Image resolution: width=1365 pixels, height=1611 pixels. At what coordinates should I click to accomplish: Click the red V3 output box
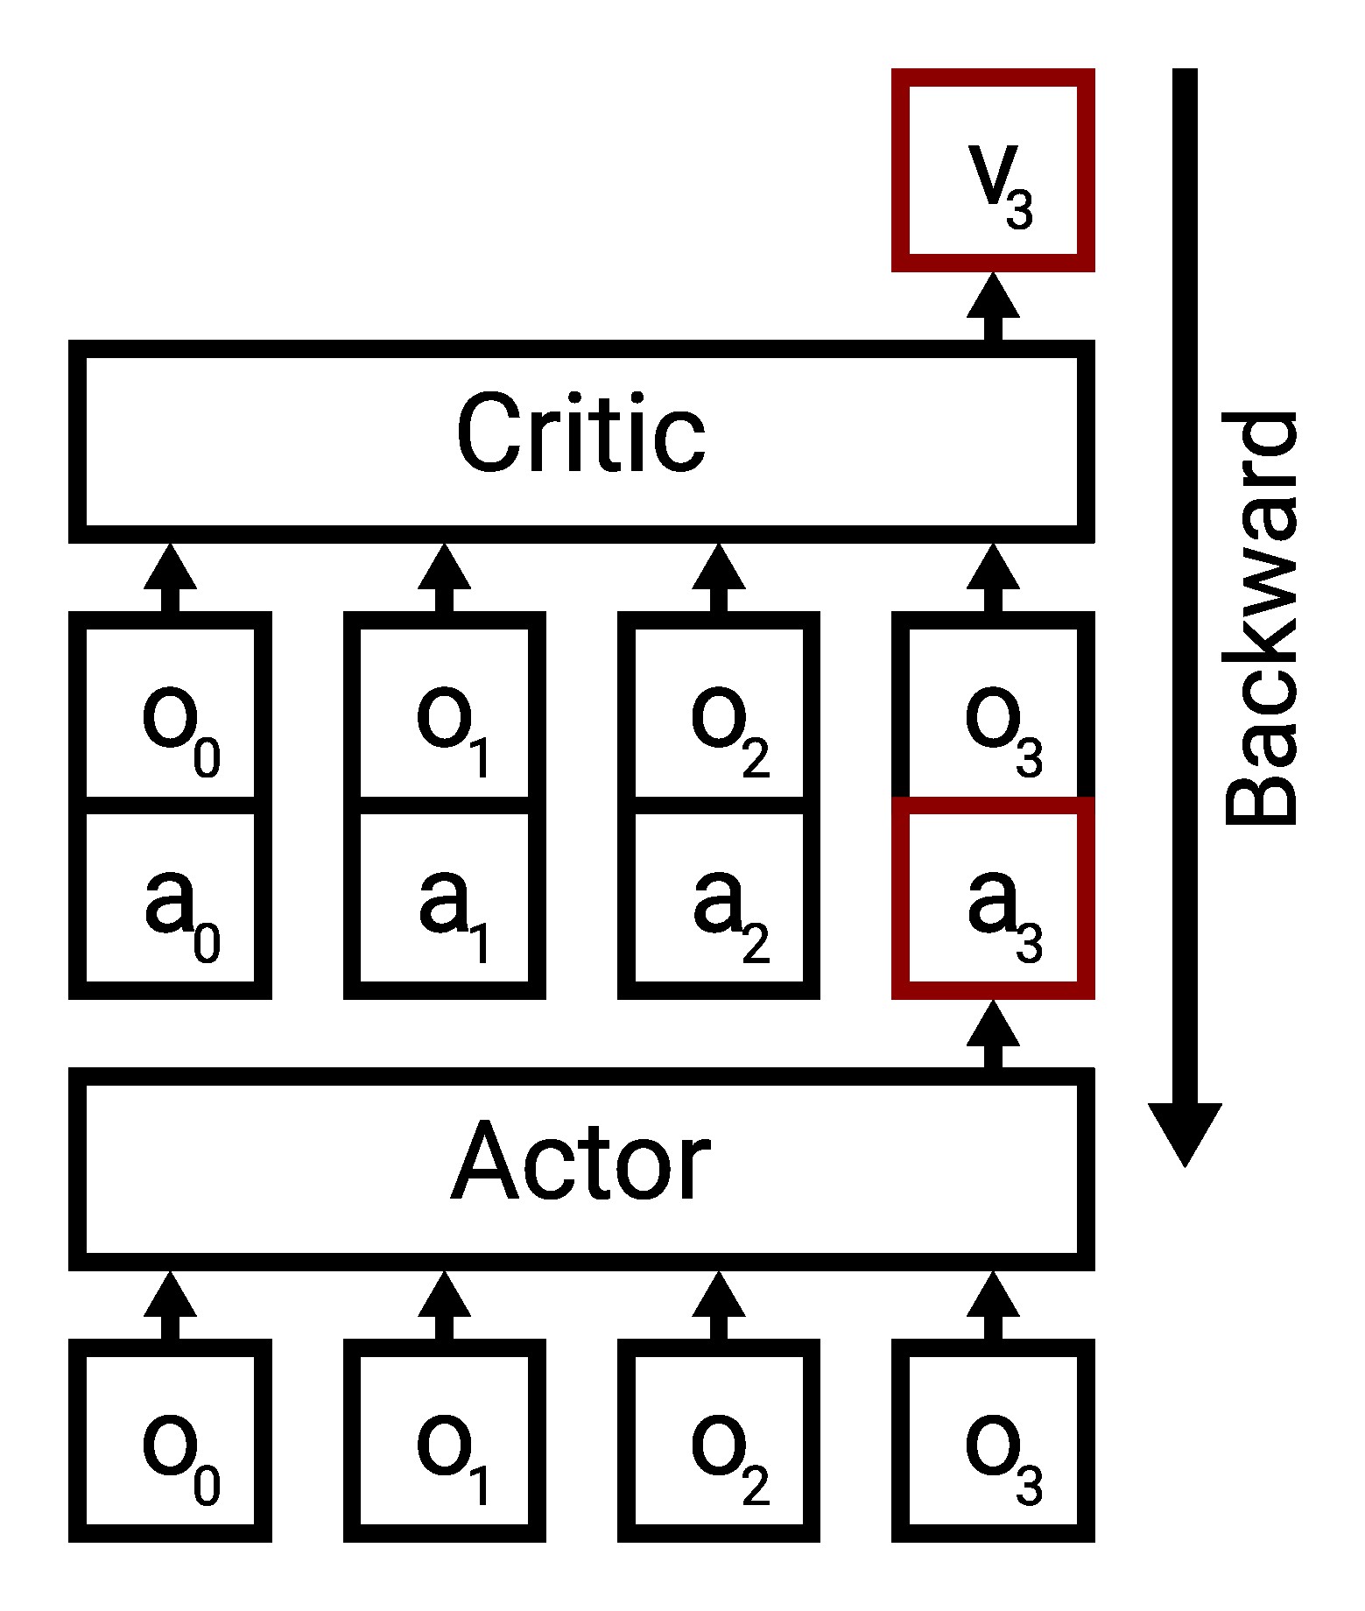coord(993,170)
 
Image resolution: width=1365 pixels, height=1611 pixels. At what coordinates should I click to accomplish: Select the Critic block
coord(581,434)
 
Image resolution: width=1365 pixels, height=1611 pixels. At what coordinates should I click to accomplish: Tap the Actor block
coord(581,1167)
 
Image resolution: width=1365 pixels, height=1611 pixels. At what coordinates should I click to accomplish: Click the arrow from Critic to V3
coord(993,308)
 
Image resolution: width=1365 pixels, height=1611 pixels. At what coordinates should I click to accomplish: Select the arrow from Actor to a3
coord(993,1035)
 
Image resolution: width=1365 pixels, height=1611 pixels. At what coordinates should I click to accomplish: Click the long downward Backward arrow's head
coord(1185,1133)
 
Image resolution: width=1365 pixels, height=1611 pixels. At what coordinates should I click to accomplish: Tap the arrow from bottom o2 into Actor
coord(719,1306)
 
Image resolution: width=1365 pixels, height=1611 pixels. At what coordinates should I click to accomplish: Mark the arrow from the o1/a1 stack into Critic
coord(445,578)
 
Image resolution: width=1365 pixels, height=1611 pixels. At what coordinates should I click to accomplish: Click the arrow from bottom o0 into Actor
coord(170,1306)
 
